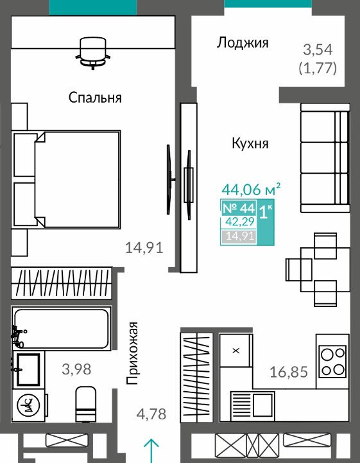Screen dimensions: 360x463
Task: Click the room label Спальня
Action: pyautogui.click(x=95, y=97)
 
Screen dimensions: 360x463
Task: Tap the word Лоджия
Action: pyautogui.click(x=243, y=43)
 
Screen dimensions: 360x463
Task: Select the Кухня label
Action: pyautogui.click(x=250, y=143)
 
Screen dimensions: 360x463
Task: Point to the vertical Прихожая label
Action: pyautogui.click(x=132, y=353)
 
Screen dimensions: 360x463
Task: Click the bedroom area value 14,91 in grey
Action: pyautogui.click(x=144, y=247)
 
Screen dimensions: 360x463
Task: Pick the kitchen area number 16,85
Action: pyautogui.click(x=289, y=372)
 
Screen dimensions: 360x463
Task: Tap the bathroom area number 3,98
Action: pyautogui.click(x=77, y=369)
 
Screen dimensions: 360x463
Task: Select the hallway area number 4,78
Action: pyautogui.click(x=151, y=414)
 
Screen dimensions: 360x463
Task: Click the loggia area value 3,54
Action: pyautogui.click(x=318, y=49)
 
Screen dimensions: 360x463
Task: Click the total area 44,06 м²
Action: pyautogui.click(x=251, y=189)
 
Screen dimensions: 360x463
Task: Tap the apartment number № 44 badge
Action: pyautogui.click(x=239, y=209)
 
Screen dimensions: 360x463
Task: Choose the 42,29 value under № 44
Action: pyautogui.click(x=239, y=222)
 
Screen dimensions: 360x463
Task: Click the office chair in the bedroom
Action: pyautogui.click(x=93, y=53)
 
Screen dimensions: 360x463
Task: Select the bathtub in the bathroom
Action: pyautogui.click(x=62, y=329)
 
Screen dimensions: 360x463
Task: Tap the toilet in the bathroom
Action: pyautogui.click(x=85, y=404)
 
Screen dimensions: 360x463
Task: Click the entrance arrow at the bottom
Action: pyautogui.click(x=151, y=451)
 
